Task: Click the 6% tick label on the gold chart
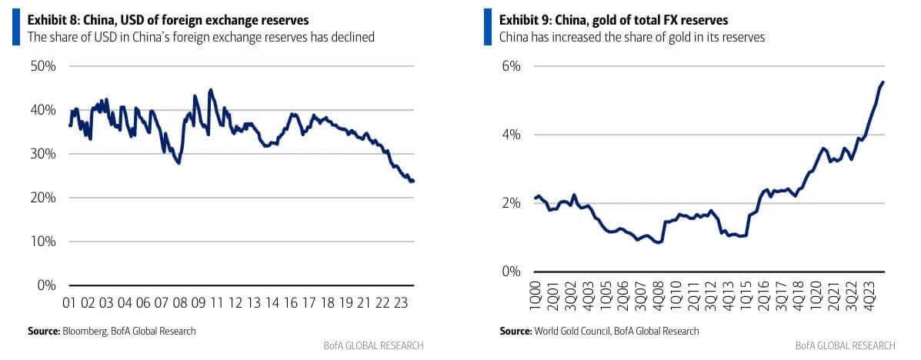coord(512,66)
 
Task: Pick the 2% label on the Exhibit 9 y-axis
coord(512,203)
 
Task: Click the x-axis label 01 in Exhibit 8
coord(68,302)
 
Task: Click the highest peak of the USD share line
coord(211,89)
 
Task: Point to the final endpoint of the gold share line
coord(883,82)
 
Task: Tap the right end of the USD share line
coord(413,182)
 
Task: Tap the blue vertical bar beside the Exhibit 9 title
coord(487,27)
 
